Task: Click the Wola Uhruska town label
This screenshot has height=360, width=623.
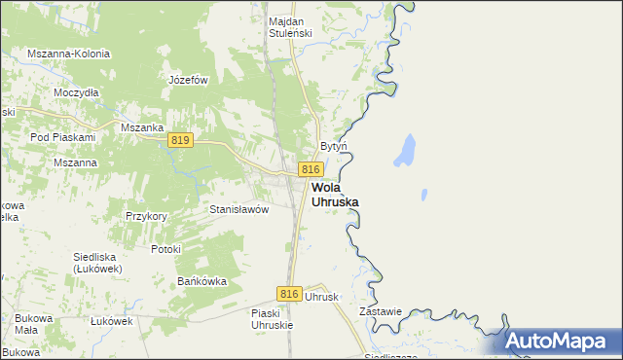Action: [335, 195]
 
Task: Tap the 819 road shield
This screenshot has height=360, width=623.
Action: [179, 141]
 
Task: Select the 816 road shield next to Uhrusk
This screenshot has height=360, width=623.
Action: [288, 294]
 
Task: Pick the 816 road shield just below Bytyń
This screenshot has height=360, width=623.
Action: [311, 169]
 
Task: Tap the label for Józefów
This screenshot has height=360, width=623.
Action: [189, 80]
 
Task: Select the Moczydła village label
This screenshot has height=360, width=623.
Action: [77, 92]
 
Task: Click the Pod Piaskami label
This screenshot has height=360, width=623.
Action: [61, 138]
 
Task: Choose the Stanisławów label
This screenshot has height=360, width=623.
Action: [238, 209]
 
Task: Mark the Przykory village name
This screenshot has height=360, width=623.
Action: [147, 216]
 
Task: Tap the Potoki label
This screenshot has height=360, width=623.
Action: [165, 249]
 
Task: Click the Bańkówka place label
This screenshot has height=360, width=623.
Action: [202, 281]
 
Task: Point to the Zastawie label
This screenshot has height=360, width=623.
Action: [381, 312]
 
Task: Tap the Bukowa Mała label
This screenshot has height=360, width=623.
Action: [26, 324]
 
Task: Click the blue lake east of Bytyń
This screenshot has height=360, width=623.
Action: [404, 150]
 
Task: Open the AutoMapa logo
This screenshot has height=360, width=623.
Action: [562, 341]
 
